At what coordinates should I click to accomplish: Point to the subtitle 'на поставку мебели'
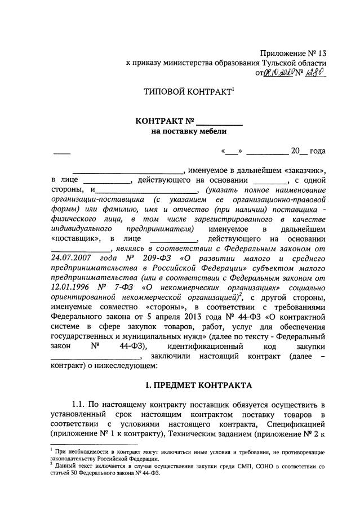[x=188, y=132]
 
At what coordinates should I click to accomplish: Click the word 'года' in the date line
[x=317, y=151]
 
